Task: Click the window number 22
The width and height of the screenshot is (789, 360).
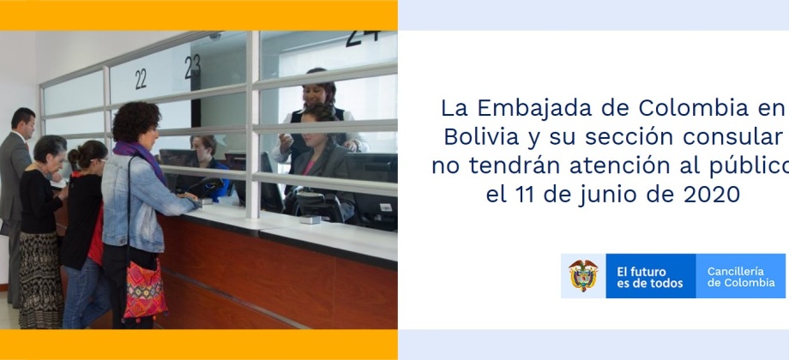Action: point(141,80)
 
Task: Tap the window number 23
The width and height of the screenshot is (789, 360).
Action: point(193,66)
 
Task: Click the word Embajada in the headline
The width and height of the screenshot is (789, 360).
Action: point(551,108)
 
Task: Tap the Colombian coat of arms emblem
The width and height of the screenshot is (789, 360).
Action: point(583,275)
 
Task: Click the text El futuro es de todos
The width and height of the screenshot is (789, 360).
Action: point(649,277)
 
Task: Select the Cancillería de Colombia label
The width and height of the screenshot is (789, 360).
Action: point(741,277)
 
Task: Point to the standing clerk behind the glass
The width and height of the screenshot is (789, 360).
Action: point(317,117)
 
